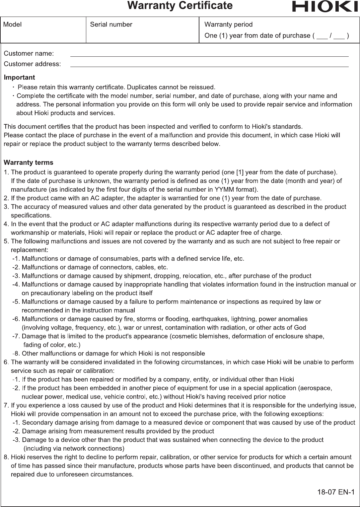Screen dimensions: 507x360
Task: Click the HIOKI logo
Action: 325,7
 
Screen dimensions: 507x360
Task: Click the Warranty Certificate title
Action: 180,6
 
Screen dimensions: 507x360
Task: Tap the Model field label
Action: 13,25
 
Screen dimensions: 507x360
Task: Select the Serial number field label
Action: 111,25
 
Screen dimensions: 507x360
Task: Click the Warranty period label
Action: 228,25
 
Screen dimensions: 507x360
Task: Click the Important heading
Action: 19,78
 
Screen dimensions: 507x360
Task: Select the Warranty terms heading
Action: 29,163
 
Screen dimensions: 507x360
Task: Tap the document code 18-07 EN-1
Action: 336,492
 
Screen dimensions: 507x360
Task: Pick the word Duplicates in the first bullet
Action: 142,88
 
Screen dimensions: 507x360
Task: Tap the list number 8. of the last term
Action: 6,457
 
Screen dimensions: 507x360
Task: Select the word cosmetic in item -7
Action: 184,336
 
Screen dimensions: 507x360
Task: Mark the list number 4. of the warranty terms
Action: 6,224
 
